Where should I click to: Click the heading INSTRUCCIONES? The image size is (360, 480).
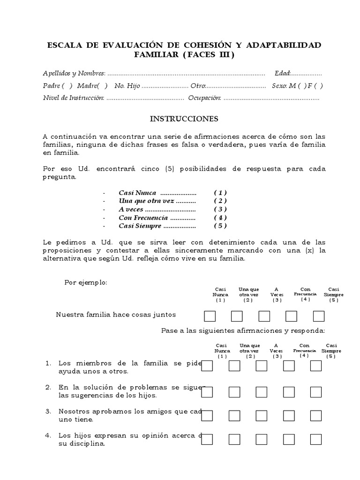click(184, 119)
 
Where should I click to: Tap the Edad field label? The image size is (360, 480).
click(283, 73)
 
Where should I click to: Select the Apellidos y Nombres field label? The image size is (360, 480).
click(74, 73)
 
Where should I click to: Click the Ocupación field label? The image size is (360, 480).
click(204, 98)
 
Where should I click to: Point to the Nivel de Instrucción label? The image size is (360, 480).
click(73, 98)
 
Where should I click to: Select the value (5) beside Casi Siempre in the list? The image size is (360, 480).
click(220, 225)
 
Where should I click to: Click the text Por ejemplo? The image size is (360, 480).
click(86, 282)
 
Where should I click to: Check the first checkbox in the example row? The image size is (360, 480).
click(209, 316)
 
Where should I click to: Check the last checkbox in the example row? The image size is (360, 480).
click(319, 316)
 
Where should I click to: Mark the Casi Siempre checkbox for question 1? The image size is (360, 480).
click(316, 366)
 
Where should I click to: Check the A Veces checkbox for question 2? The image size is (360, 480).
click(261, 391)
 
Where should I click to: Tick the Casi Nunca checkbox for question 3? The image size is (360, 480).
click(207, 415)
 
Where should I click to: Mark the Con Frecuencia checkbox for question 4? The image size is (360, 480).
click(289, 439)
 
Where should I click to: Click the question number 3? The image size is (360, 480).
click(48, 411)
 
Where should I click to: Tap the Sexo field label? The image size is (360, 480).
click(280, 86)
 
